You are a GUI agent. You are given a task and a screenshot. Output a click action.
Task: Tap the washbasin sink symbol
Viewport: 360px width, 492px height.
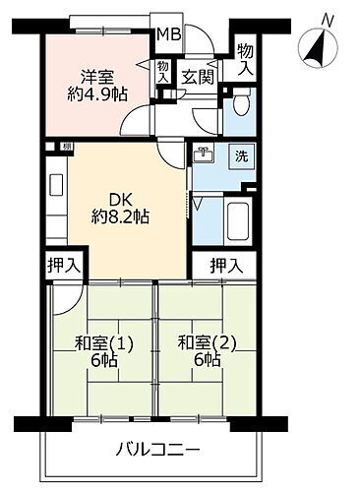(x=206, y=155)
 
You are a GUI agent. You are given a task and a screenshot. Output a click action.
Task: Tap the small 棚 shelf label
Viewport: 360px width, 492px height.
(x=64, y=147)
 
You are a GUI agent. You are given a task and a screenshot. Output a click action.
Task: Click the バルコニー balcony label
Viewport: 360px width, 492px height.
(x=160, y=450)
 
